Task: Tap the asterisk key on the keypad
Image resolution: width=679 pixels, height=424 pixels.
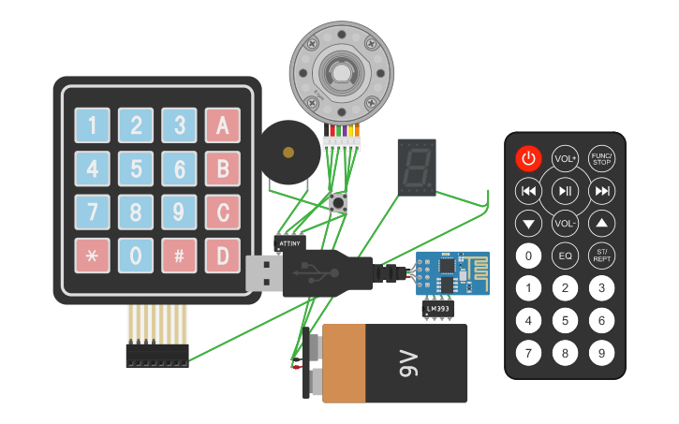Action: pyautogui.click(x=92, y=256)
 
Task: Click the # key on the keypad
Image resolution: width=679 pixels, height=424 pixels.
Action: pyautogui.click(x=178, y=256)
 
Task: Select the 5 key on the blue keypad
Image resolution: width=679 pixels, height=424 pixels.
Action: pyautogui.click(x=136, y=169)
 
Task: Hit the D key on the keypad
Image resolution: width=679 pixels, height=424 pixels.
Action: pyautogui.click(x=222, y=256)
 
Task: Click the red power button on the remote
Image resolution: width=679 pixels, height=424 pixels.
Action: pyautogui.click(x=528, y=158)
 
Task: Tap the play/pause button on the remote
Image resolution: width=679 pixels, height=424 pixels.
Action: pyautogui.click(x=565, y=192)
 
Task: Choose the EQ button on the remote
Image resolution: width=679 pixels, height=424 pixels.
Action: pyautogui.click(x=565, y=255)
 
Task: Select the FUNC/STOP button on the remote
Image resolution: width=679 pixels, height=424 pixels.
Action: pyautogui.click(x=601, y=158)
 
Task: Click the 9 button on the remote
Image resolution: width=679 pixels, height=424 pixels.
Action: pyautogui.click(x=601, y=354)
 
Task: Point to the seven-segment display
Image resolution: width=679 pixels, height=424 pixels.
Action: pyautogui.click(x=417, y=168)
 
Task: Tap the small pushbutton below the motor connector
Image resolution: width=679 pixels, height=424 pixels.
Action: pyautogui.click(x=339, y=202)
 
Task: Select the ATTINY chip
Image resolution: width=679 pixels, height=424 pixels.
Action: pyautogui.click(x=289, y=242)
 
